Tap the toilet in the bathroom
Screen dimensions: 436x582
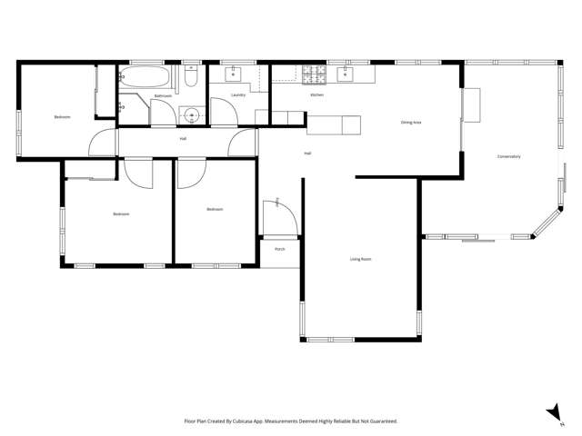click(x=190, y=78)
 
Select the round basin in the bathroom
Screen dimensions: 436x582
click(x=191, y=114)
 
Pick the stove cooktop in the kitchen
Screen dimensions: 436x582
click(x=315, y=72)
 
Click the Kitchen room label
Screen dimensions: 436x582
click(x=317, y=94)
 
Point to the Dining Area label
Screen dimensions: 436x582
click(x=411, y=122)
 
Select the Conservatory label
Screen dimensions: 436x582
click(x=508, y=156)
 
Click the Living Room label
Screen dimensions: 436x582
click(x=361, y=259)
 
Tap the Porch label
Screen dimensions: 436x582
click(x=280, y=249)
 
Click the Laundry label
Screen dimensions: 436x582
click(x=238, y=94)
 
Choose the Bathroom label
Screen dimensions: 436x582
click(x=163, y=95)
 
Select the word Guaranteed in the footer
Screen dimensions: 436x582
click(x=380, y=421)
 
